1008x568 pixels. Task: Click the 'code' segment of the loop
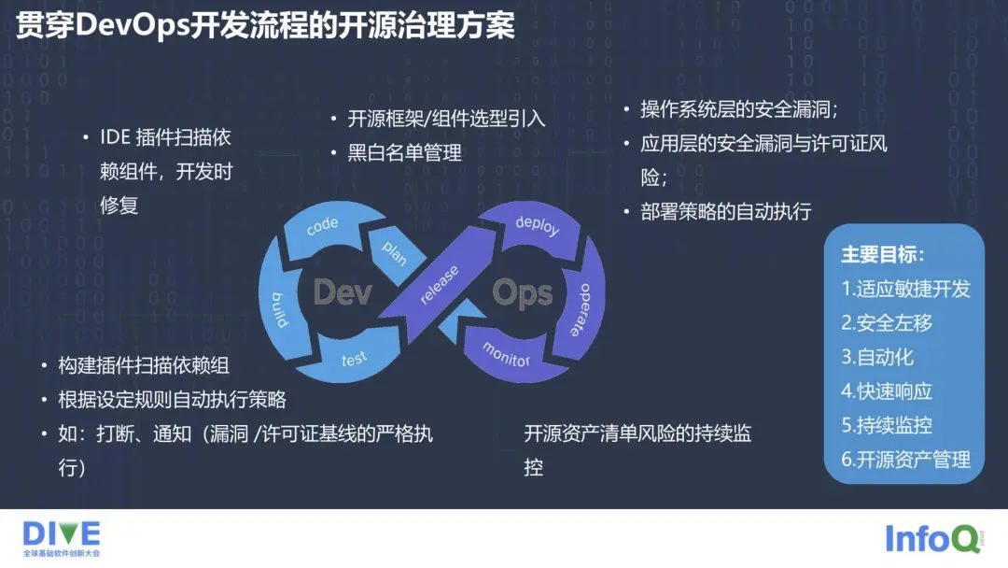[x=322, y=227]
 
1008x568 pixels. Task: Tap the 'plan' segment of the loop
[x=393, y=250]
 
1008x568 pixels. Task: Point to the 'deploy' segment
[x=536, y=225]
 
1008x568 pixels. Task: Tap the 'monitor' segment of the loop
[x=506, y=354]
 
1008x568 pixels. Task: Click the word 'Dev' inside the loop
[x=343, y=292]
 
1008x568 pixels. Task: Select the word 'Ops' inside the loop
[x=522, y=293]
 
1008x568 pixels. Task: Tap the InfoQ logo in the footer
[x=932, y=539]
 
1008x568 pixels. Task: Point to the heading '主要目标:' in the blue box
[x=883, y=255]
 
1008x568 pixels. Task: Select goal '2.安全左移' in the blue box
[x=887, y=322]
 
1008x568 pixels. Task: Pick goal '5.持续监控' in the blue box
[x=887, y=425]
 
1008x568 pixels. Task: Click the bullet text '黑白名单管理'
[x=405, y=152]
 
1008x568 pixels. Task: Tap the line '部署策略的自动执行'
[x=726, y=211]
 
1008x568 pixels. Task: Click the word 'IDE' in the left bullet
[x=116, y=137]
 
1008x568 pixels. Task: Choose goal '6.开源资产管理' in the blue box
[x=905, y=460]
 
